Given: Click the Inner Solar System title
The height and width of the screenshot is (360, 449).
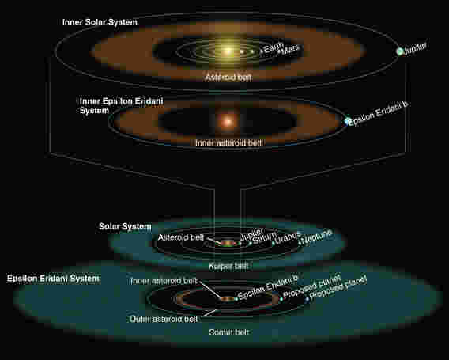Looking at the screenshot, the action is click(x=100, y=22).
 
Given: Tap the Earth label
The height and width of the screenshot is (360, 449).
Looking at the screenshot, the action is click(x=274, y=47).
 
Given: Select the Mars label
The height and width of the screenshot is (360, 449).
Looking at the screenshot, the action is click(x=290, y=50).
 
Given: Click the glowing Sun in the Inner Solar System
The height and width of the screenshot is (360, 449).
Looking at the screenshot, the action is click(x=228, y=51).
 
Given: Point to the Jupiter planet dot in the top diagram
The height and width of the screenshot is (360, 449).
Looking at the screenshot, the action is click(x=399, y=51).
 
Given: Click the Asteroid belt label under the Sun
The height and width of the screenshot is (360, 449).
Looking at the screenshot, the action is click(x=228, y=77).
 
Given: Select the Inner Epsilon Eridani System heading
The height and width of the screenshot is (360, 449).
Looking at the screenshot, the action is click(x=121, y=106).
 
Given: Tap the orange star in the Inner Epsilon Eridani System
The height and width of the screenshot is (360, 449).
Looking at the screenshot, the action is click(x=228, y=122).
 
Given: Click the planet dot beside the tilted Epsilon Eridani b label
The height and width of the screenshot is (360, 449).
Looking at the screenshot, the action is click(x=347, y=121).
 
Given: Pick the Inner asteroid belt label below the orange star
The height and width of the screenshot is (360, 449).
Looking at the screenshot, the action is click(x=228, y=142).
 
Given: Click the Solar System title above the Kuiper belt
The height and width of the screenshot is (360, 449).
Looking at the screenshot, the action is click(x=125, y=226).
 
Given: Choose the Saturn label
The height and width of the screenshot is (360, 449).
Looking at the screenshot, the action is click(x=265, y=237).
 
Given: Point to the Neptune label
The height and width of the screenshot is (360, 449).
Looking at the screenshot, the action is click(x=317, y=237).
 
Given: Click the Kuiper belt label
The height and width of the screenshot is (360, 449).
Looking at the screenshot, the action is click(x=228, y=266).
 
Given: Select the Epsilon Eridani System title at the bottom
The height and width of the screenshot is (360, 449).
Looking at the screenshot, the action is click(x=53, y=279).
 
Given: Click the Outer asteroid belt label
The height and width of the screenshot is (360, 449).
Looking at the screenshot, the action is click(x=163, y=319).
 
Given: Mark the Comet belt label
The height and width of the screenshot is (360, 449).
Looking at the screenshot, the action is click(x=228, y=332).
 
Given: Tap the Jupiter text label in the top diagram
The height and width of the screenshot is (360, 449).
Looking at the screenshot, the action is click(x=415, y=49).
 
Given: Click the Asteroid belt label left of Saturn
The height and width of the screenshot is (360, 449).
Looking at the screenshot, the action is click(x=181, y=237).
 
